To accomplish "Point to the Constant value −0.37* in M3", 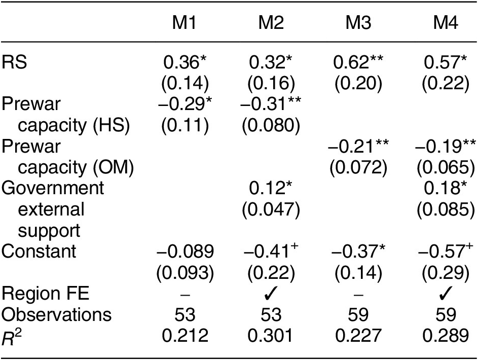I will [358, 251].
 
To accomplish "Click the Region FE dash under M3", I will [358, 293].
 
